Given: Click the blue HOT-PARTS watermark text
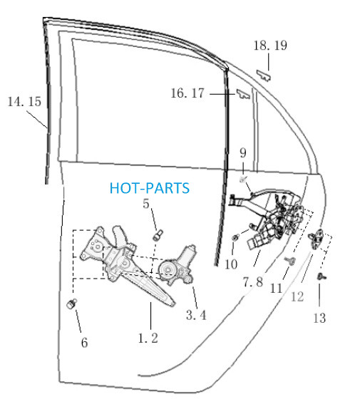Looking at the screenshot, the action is (x=150, y=188).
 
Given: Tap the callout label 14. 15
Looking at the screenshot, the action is (x=24, y=101).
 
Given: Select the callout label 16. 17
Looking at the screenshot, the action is (x=187, y=93).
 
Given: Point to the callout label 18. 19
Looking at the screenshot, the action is (x=270, y=46).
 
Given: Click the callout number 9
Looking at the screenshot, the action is (x=243, y=152).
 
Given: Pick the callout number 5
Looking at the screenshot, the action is (x=146, y=204).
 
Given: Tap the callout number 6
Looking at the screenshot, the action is (x=85, y=343).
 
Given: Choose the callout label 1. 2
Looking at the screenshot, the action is (x=148, y=338).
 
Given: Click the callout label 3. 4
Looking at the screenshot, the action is (x=196, y=315).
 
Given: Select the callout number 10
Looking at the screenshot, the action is (x=231, y=264).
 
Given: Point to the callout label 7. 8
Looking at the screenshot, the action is (x=253, y=282).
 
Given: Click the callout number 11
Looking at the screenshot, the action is (x=277, y=289).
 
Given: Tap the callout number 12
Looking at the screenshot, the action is (x=297, y=296).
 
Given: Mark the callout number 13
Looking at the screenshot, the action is (x=319, y=318).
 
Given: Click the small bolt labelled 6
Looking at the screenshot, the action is (x=71, y=304).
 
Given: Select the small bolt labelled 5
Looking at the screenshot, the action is (x=158, y=234).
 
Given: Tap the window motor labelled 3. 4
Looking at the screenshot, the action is (x=177, y=265).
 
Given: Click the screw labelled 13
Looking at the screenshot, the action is (x=322, y=276).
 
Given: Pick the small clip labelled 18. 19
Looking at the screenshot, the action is (x=264, y=75).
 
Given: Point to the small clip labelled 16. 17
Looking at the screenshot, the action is (x=243, y=94).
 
